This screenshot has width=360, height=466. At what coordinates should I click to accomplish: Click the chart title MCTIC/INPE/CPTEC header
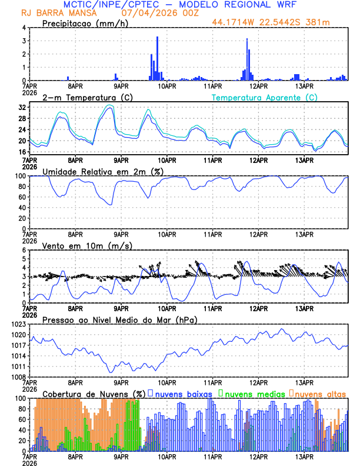click(179, 4)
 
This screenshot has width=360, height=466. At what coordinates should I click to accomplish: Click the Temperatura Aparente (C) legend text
click(265, 97)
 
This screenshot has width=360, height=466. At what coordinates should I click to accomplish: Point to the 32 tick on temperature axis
click(22, 108)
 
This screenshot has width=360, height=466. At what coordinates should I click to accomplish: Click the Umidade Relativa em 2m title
click(101, 171)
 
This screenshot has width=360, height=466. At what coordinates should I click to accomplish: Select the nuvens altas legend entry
click(319, 393)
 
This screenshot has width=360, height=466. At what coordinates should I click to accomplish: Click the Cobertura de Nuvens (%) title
click(94, 393)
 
